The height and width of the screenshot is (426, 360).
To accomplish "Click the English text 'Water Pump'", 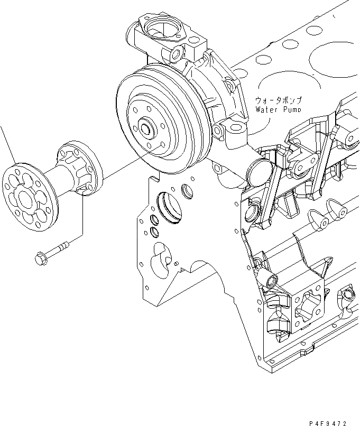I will (x=279, y=110).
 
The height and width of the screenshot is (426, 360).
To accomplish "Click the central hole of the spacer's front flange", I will (x=26, y=198).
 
